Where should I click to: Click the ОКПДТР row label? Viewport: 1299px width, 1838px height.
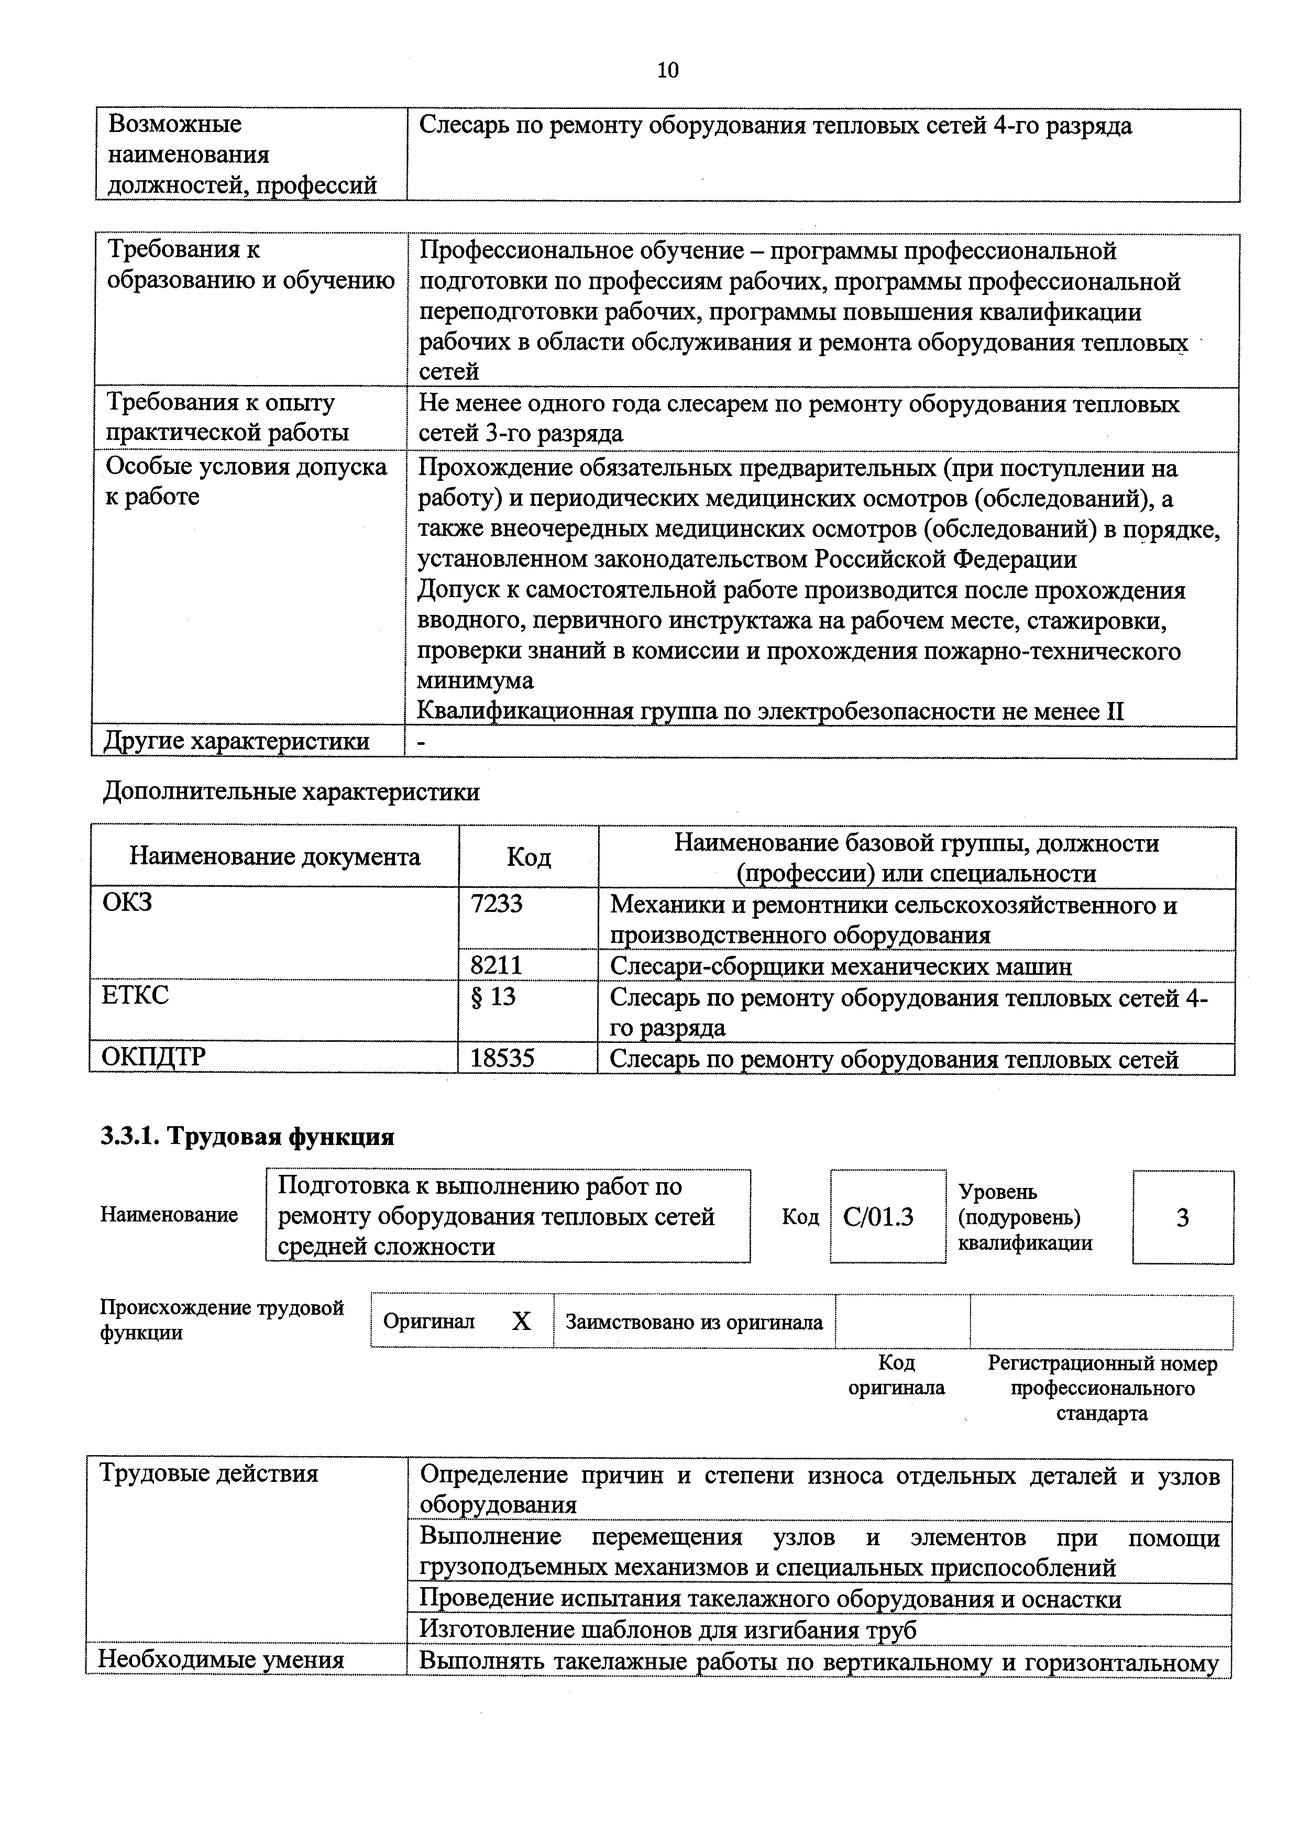[x=153, y=1058]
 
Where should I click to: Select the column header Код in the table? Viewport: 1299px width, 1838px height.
[x=529, y=857]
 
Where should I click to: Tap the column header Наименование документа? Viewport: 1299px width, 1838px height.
[x=274, y=857]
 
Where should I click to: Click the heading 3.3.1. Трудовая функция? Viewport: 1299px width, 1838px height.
[x=247, y=1137]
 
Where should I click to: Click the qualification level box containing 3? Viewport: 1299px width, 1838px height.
[x=1182, y=1218]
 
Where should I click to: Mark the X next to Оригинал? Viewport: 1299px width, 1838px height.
[x=521, y=1322]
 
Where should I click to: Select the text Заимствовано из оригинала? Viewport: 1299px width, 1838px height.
[x=694, y=1322]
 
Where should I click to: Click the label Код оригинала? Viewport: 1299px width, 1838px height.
[x=896, y=1374]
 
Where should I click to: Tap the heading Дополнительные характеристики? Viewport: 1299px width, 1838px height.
[x=291, y=791]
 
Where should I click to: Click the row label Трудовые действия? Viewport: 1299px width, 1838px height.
[x=208, y=1474]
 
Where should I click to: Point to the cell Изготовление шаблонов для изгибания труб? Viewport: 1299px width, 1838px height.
[x=667, y=1630]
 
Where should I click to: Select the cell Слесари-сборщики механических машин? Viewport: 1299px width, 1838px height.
[x=840, y=966]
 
